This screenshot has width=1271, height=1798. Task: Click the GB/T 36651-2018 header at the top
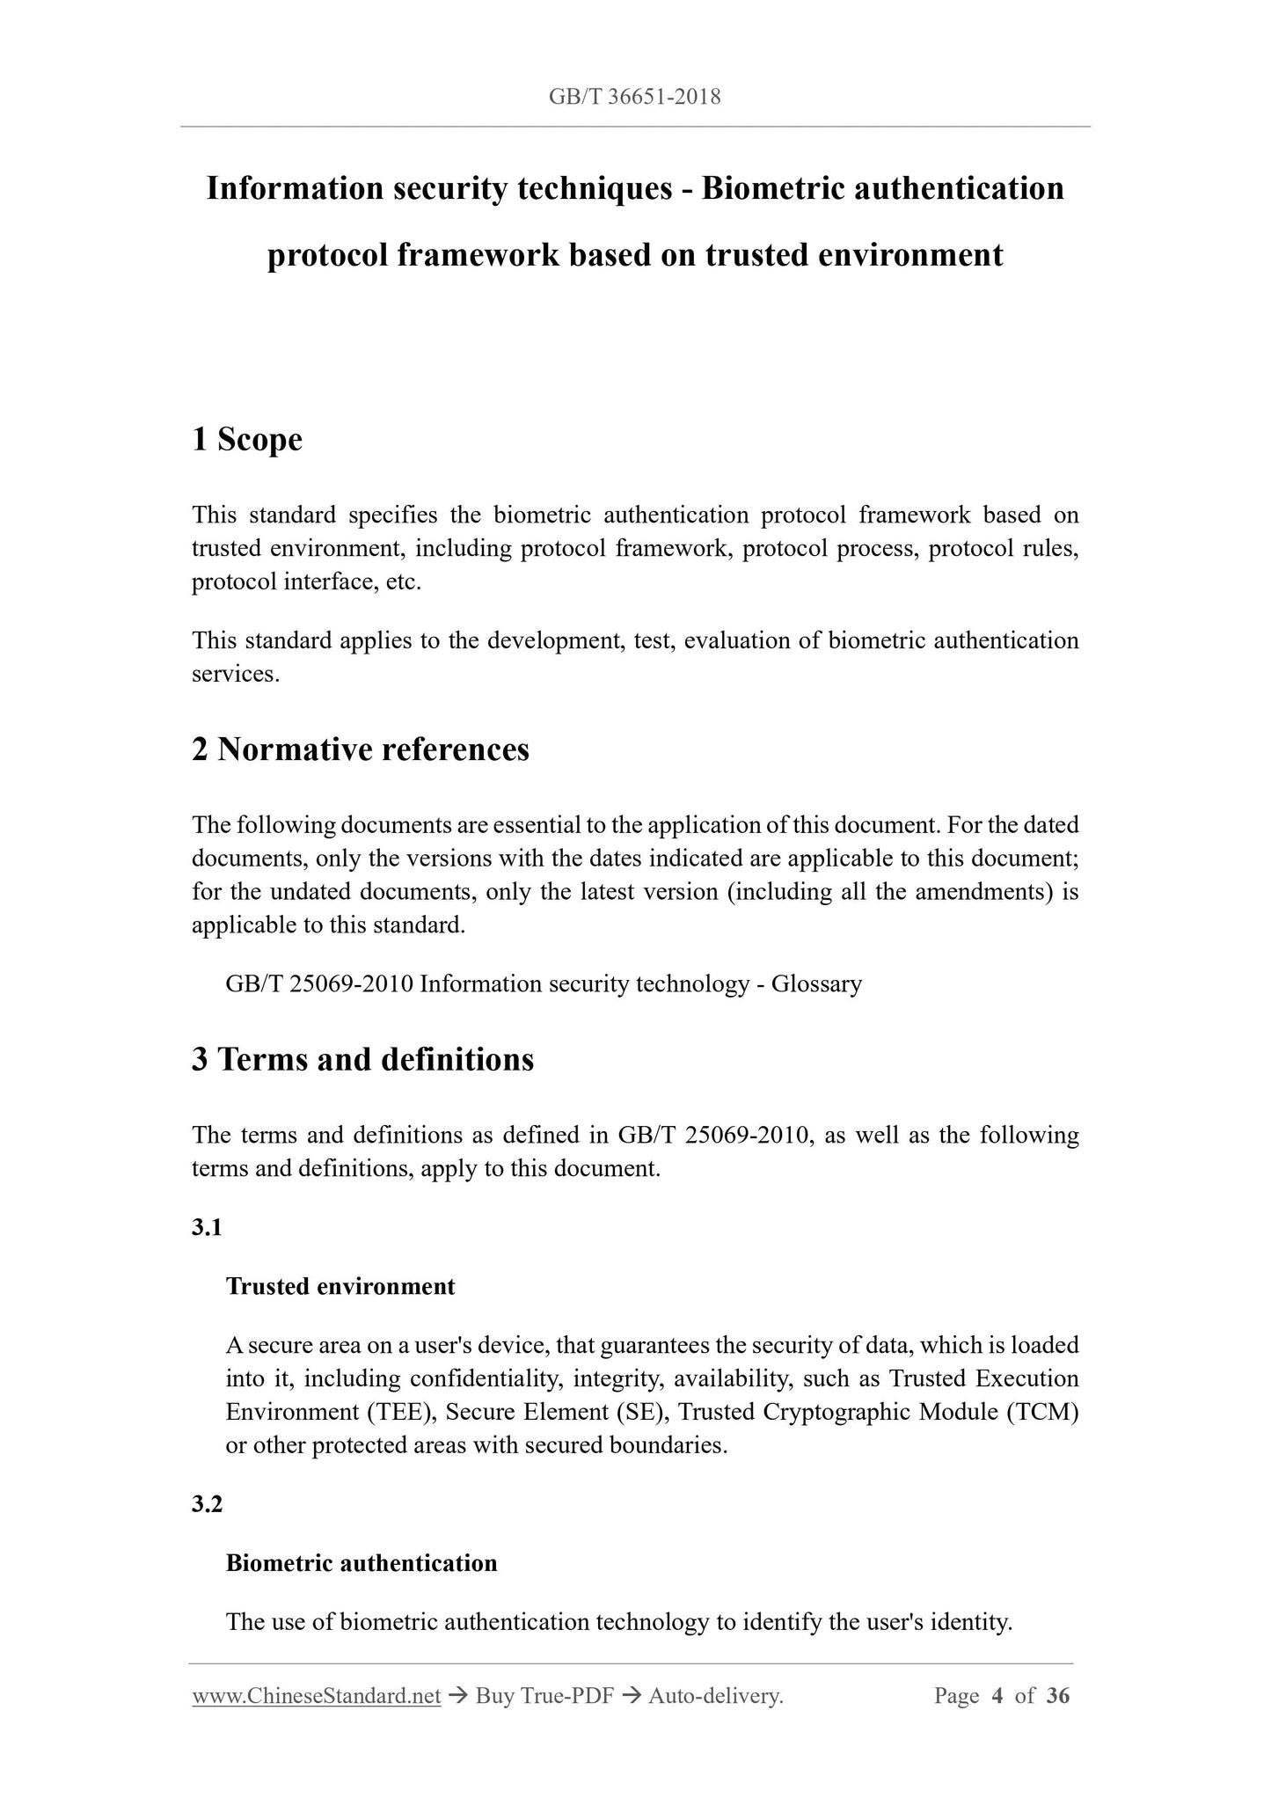tap(634, 97)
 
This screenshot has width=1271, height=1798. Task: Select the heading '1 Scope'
tap(247, 439)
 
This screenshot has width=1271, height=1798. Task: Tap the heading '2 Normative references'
tap(361, 749)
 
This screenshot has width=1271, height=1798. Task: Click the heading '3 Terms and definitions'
tap(362, 1059)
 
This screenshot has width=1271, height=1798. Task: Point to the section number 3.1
tap(207, 1227)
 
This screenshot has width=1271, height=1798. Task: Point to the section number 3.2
tap(207, 1504)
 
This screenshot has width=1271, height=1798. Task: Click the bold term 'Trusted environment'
tap(340, 1286)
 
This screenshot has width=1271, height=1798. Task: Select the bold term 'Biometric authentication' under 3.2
tap(362, 1563)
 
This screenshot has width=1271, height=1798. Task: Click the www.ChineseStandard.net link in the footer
tap(316, 1696)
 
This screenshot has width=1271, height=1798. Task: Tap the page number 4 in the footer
tap(997, 1696)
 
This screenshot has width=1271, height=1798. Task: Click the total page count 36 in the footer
tap(1058, 1696)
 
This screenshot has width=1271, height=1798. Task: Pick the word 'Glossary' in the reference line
tap(816, 983)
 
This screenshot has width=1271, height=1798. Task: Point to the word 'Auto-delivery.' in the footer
tap(715, 1696)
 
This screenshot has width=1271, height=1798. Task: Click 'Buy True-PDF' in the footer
tap(544, 1696)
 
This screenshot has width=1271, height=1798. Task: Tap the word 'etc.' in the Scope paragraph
tap(404, 581)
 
